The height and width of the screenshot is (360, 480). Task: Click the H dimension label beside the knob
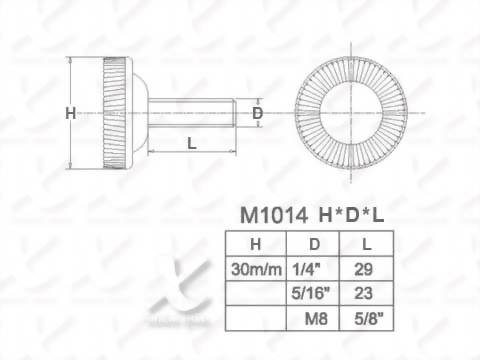click(x=71, y=113)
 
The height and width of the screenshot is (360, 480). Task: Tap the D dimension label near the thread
click(x=257, y=113)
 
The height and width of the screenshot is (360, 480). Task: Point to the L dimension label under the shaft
click(x=192, y=143)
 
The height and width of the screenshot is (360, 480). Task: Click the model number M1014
click(x=274, y=215)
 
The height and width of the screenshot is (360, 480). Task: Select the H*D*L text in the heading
click(x=351, y=215)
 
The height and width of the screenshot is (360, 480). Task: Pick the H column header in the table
click(x=255, y=244)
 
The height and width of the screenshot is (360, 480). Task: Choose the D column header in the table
click(x=314, y=244)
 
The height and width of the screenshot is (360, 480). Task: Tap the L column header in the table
click(x=367, y=244)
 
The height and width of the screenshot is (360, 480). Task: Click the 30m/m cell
click(x=256, y=269)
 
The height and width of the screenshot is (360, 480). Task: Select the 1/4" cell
click(x=306, y=269)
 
